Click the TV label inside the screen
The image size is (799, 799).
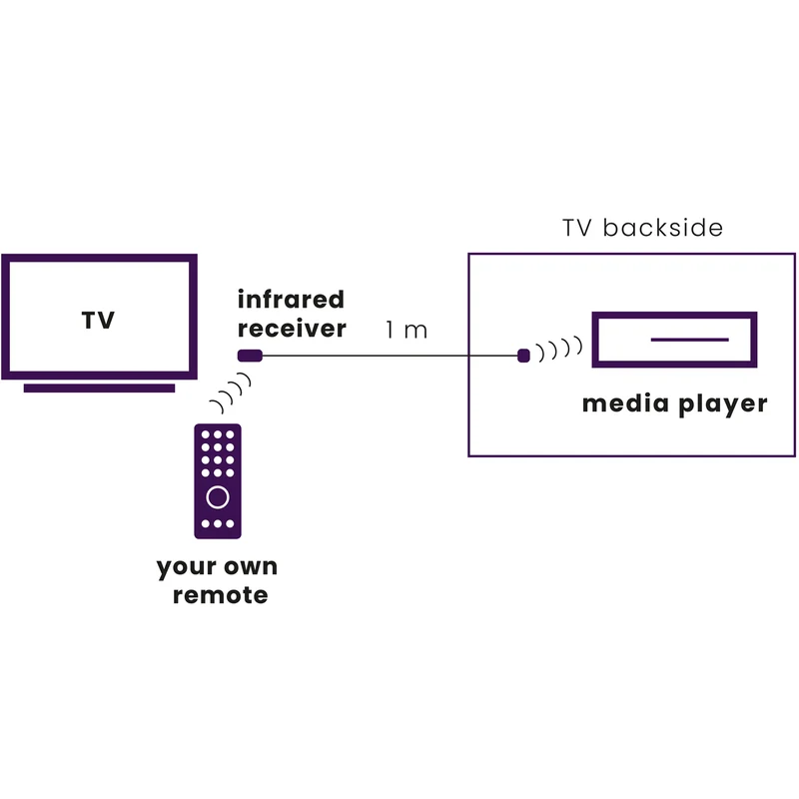[x=98, y=320]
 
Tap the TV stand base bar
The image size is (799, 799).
[x=99, y=389]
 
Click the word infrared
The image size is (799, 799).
[x=291, y=299]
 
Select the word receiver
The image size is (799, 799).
[x=292, y=329]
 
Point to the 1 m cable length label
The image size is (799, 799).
[x=406, y=331]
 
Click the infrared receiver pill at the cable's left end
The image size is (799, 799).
[x=251, y=356]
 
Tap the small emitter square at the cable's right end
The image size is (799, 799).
[x=523, y=356]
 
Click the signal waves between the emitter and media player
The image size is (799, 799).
[x=559, y=349]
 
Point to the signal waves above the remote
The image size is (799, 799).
[x=231, y=393]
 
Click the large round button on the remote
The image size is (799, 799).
[x=218, y=497]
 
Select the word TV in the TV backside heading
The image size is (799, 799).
[x=578, y=228]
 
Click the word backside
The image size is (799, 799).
[x=663, y=228]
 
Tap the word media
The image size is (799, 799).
[x=625, y=403]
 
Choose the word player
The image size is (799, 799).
[x=722, y=404]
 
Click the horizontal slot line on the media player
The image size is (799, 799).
[x=689, y=340]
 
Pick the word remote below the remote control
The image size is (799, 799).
[x=220, y=595]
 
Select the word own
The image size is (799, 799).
[x=251, y=566]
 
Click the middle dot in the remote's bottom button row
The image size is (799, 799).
[x=218, y=523]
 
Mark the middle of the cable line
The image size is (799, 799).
[x=390, y=356]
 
